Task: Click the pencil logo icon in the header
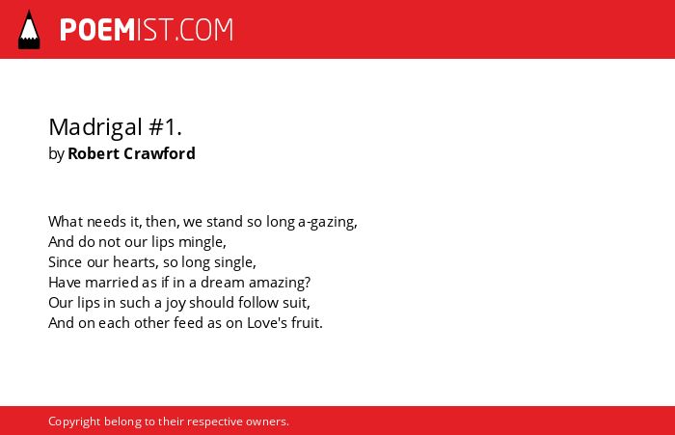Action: (x=29, y=29)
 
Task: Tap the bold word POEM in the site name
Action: (x=97, y=30)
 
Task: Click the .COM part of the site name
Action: (x=204, y=30)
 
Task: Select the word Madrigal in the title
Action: (x=95, y=128)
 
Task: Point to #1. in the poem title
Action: (x=165, y=127)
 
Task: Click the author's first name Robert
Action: (x=94, y=153)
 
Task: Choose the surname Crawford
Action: (x=159, y=153)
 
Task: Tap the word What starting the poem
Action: (x=66, y=222)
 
